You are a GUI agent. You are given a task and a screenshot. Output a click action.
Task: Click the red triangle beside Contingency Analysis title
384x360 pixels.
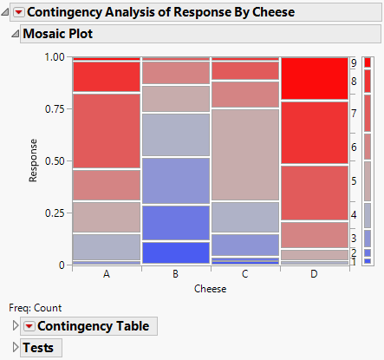[19, 12]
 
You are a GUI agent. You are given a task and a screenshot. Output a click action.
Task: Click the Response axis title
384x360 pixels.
[34, 160]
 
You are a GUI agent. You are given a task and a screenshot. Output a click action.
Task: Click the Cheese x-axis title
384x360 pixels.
[211, 289]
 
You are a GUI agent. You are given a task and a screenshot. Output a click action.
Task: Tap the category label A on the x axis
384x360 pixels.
[106, 273]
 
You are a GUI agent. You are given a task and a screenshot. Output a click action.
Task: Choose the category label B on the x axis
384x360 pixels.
[176, 273]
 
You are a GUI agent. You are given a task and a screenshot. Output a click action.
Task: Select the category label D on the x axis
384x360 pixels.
[315, 273]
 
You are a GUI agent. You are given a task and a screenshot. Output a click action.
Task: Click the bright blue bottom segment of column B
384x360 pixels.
[176, 252]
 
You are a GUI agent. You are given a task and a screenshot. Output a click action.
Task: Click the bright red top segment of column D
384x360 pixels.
[315, 79]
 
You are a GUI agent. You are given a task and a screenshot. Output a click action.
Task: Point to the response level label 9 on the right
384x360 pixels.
[354, 63]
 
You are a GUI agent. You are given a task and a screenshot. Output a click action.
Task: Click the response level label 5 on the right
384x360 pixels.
[354, 181]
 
